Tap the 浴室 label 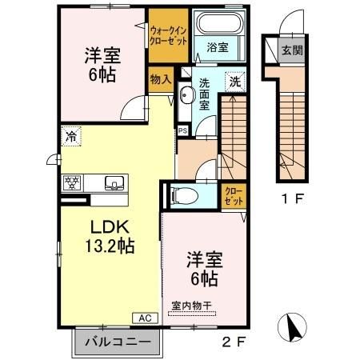click(215, 47)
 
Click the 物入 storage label click(159, 79)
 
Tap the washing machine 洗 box click(234, 80)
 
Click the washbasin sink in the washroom click(186, 97)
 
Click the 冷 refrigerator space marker click(72, 138)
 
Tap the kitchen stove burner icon click(71, 183)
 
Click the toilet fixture click(182, 195)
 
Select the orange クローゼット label click(232, 194)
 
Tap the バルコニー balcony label click(118, 342)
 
